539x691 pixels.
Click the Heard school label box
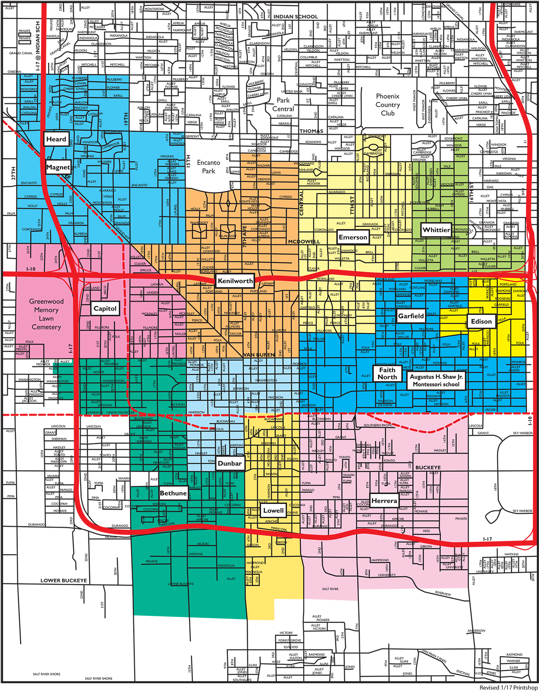(56, 139)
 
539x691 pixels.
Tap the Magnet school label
(58, 167)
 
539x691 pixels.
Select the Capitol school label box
(105, 308)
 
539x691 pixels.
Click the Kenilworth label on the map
(235, 281)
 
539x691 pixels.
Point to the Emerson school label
(353, 237)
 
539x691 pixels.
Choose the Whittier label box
(436, 230)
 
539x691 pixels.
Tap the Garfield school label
(411, 316)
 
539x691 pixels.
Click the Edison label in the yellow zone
(481, 321)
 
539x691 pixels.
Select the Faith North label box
(387, 373)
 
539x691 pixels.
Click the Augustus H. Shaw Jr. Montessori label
(436, 380)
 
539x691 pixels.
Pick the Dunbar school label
(230, 463)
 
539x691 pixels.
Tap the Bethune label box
(173, 493)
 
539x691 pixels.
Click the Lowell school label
(273, 510)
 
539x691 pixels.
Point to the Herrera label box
(384, 501)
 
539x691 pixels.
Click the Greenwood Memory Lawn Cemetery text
(46, 314)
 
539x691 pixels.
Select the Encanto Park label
(209, 167)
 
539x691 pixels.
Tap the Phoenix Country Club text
(388, 105)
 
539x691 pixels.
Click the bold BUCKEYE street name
(428, 468)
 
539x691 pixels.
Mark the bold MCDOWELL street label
(304, 242)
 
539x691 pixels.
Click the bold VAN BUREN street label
(259, 355)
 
